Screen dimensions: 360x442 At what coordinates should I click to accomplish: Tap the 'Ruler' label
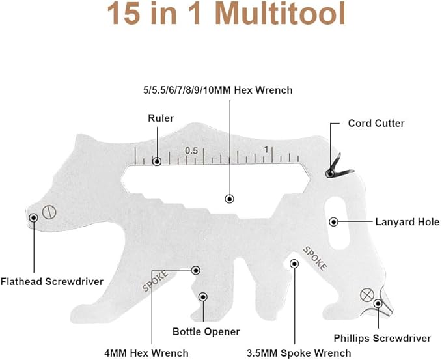click(160, 118)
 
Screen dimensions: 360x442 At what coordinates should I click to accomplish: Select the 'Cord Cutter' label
click(376, 123)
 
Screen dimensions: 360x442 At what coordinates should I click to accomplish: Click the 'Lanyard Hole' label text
click(407, 222)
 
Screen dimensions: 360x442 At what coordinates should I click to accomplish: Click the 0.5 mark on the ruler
click(191, 150)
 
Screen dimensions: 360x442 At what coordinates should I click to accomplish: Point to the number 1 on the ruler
click(266, 150)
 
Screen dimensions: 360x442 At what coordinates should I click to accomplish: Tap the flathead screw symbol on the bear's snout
click(48, 212)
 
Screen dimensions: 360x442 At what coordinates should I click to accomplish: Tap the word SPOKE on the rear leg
click(316, 258)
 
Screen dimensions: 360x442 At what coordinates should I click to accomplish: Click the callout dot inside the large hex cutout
click(228, 199)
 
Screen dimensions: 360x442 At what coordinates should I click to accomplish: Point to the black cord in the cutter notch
click(339, 163)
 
